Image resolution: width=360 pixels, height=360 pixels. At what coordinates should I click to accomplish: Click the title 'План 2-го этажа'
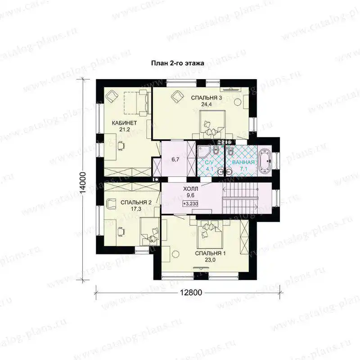177,63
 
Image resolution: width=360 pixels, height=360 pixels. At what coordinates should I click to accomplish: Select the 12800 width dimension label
191,292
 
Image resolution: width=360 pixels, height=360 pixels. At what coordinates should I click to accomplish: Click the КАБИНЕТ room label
124,123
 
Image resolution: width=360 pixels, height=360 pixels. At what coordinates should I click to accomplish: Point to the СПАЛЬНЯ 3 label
207,98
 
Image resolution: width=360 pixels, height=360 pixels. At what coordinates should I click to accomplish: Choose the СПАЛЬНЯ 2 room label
136,202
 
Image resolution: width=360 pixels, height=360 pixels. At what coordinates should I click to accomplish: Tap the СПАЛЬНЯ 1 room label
210,253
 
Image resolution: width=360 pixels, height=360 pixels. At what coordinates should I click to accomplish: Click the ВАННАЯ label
243,162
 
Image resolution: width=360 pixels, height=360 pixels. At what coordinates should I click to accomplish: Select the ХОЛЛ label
190,189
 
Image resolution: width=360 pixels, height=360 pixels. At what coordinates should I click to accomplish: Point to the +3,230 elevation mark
190,204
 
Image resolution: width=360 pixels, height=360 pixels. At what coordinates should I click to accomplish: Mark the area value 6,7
175,159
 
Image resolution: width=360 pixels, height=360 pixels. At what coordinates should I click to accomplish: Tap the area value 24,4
207,104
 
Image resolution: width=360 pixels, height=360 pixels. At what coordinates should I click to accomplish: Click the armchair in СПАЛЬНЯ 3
177,96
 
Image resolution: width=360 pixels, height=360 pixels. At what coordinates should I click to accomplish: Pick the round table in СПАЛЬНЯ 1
175,254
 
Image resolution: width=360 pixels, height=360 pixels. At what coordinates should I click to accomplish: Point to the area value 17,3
136,208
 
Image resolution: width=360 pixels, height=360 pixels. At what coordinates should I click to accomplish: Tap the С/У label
209,163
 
